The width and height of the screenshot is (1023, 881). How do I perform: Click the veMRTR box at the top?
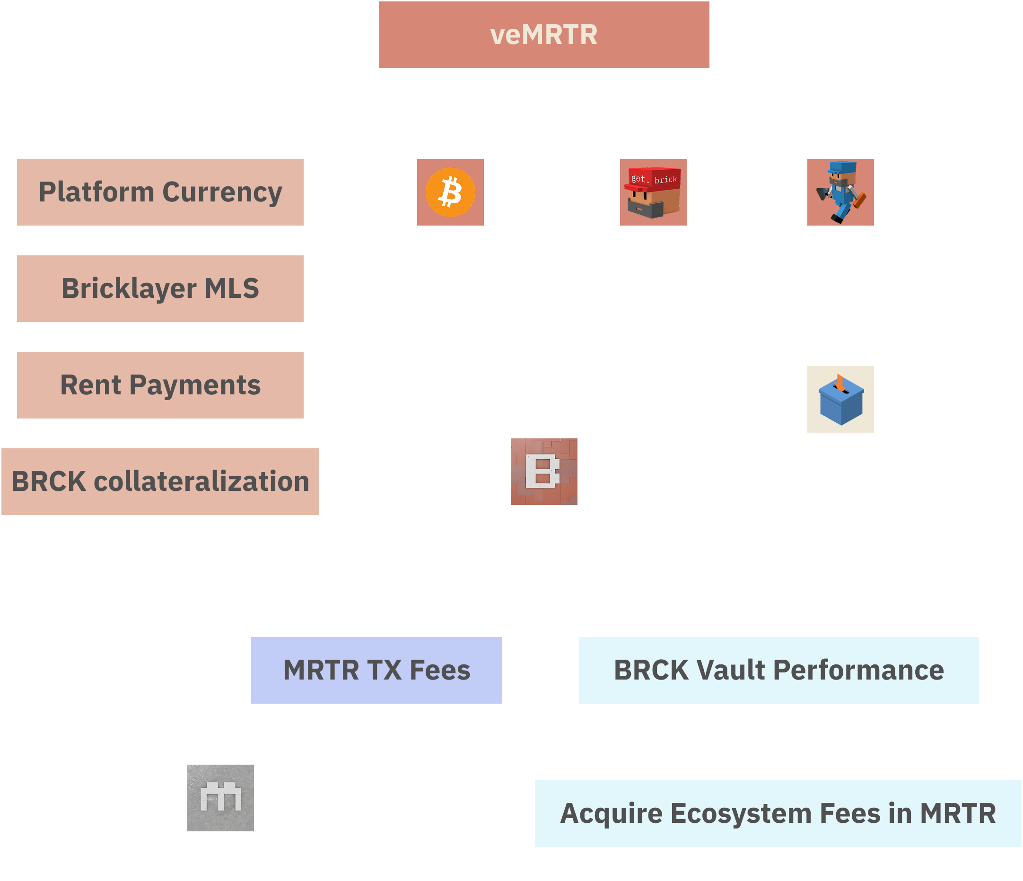[x=543, y=35]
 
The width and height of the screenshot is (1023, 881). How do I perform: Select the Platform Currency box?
[x=160, y=192]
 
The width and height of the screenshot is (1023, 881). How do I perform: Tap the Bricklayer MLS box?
[x=160, y=289]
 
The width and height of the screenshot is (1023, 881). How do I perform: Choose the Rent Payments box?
[x=160, y=385]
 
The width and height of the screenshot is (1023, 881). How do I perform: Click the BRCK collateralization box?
[x=160, y=482]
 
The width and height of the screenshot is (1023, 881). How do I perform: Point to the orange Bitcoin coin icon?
[x=450, y=192]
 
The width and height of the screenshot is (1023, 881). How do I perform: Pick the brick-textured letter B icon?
[x=543, y=471]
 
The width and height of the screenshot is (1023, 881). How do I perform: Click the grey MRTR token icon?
[x=220, y=798]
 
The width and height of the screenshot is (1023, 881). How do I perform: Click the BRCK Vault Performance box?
[x=778, y=670]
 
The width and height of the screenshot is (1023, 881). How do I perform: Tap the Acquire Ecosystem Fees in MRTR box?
[x=778, y=813]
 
